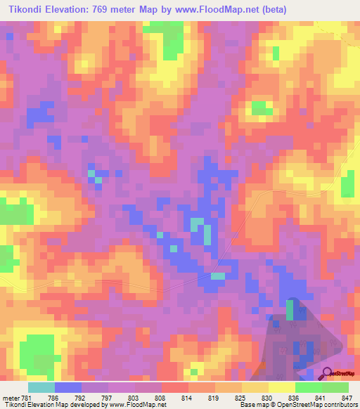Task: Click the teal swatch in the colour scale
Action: (x=41, y=387)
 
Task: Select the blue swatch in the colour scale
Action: (x=68, y=387)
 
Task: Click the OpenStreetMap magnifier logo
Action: (x=327, y=373)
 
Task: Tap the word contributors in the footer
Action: (x=339, y=405)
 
